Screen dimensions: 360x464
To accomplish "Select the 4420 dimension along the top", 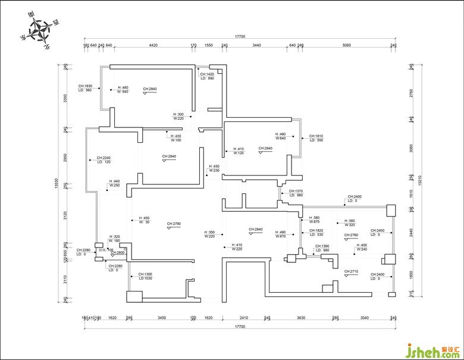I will click(x=153, y=45).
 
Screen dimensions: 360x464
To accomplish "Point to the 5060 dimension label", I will click(x=347, y=45).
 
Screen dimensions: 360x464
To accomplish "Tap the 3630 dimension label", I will click(x=301, y=318).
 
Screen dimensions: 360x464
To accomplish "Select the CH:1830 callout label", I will click(x=84, y=86).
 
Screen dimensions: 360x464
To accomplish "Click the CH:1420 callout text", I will click(x=207, y=74).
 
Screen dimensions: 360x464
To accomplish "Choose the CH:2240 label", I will click(x=104, y=158).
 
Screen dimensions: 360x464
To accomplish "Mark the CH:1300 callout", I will click(x=145, y=274).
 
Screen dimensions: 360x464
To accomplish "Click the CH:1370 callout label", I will click(x=296, y=191).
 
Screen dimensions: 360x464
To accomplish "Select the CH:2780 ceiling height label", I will click(x=174, y=224).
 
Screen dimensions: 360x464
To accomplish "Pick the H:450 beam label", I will click(x=144, y=218).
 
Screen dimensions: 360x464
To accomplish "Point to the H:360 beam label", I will click(x=349, y=221).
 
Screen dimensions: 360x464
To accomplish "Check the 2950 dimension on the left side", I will click(x=66, y=158).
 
